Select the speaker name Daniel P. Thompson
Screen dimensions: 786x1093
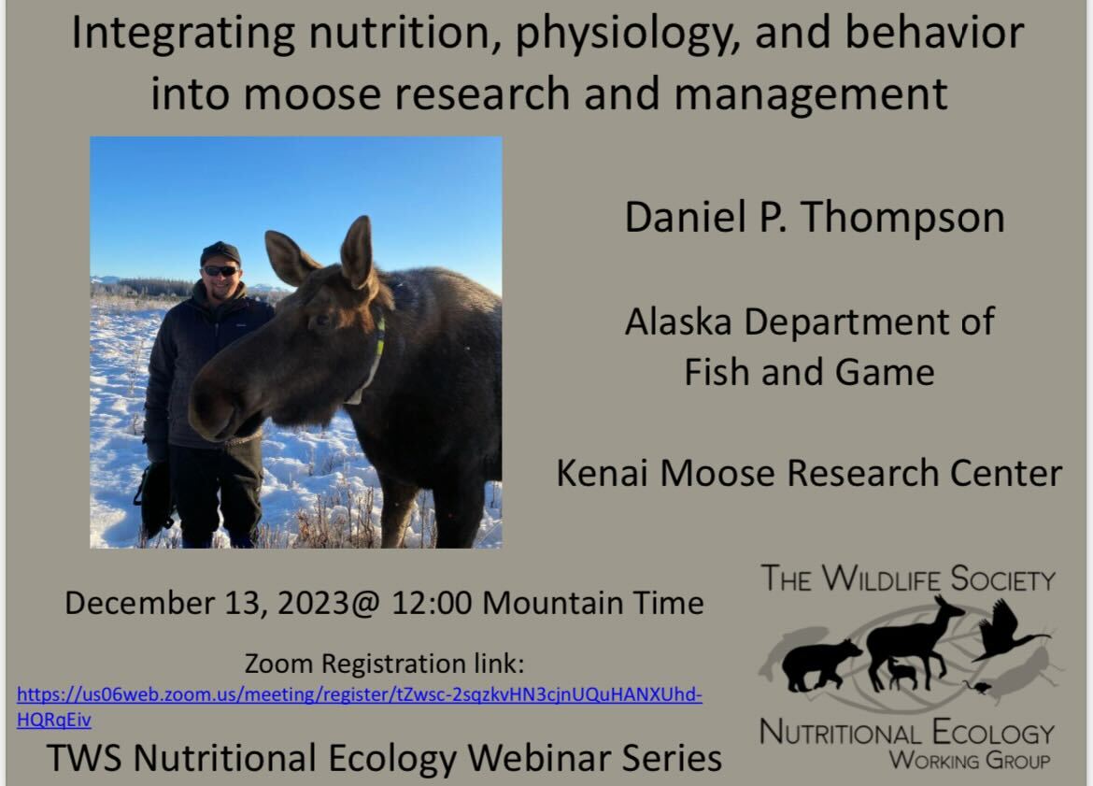(814, 218)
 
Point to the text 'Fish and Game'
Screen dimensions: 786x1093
(809, 371)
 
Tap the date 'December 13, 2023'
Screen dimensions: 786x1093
(209, 603)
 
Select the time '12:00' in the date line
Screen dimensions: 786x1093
(431, 603)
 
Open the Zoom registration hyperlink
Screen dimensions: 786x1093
(359, 696)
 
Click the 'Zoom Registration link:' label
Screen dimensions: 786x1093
(384, 665)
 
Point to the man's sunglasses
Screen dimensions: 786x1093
(220, 271)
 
